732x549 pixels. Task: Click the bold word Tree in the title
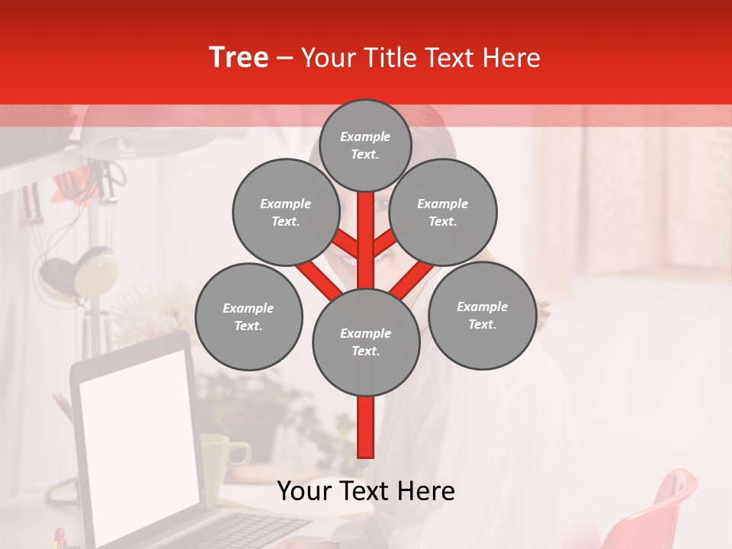[x=239, y=58]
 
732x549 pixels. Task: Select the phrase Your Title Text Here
[x=420, y=58]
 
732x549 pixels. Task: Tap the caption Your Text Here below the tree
[x=365, y=491]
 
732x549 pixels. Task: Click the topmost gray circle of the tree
[x=365, y=145]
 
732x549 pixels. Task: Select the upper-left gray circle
[x=285, y=212]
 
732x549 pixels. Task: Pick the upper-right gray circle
[x=443, y=212]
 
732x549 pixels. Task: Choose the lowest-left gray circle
[x=249, y=316]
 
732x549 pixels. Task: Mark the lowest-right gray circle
[x=482, y=315]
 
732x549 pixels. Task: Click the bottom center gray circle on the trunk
[x=366, y=342]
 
